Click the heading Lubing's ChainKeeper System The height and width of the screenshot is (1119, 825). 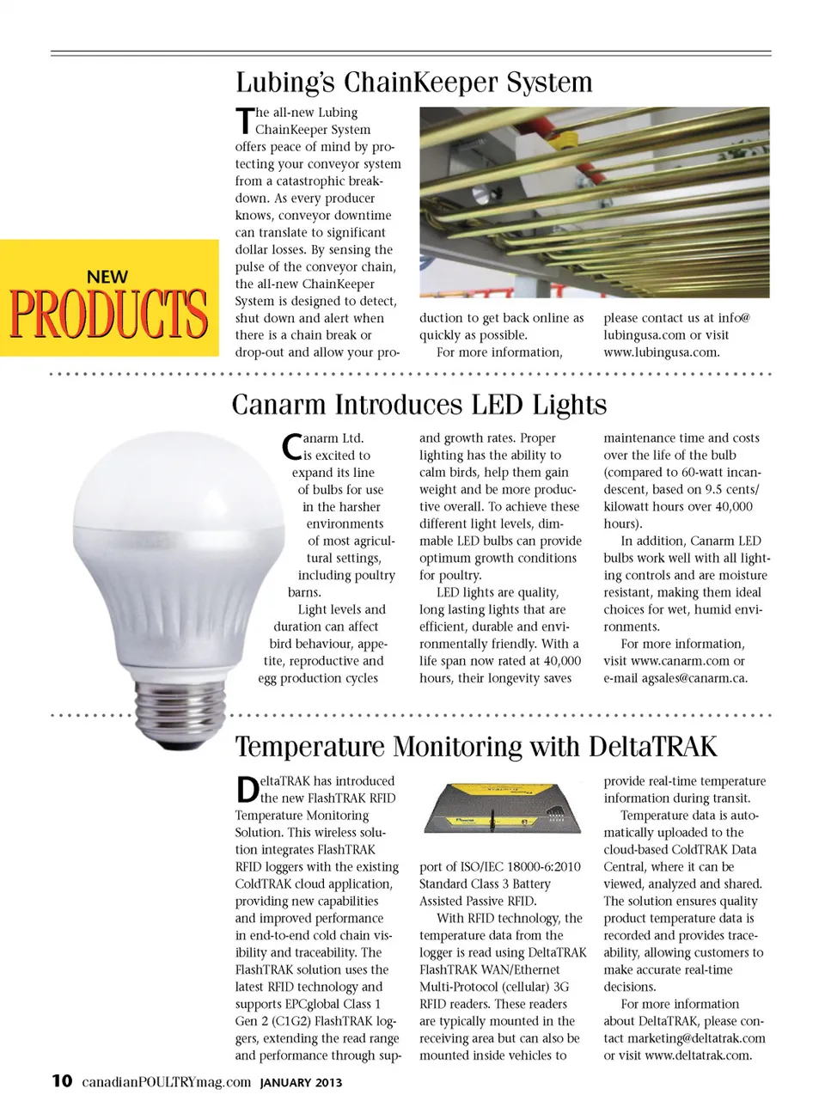[x=413, y=83]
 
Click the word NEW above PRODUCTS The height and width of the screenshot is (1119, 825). [x=107, y=277]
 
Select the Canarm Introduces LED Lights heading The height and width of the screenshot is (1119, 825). [x=419, y=405]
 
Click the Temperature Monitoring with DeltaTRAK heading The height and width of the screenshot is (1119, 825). [x=475, y=746]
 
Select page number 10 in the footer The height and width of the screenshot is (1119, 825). [x=62, y=1081]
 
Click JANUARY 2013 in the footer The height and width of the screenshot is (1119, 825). [x=301, y=1083]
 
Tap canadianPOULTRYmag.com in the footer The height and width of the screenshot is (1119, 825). [x=166, y=1082]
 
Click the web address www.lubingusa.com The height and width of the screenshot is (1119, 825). [x=661, y=352]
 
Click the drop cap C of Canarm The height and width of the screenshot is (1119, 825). [x=291, y=445]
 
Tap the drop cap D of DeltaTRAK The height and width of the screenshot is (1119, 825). [x=247, y=789]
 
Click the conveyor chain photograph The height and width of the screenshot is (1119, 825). [x=594, y=202]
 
